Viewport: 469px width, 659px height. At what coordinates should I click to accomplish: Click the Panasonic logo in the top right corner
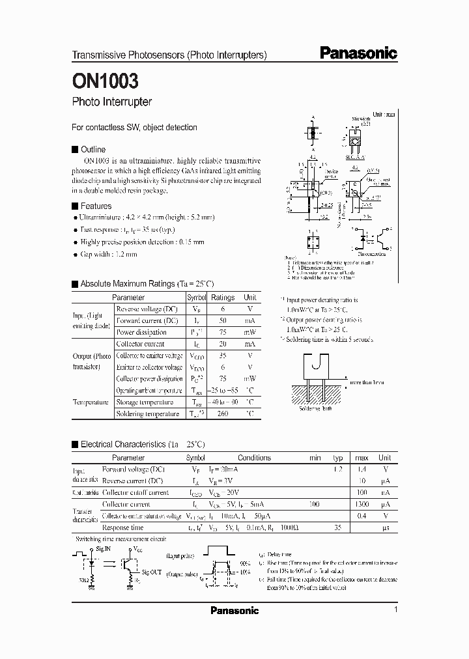(x=358, y=54)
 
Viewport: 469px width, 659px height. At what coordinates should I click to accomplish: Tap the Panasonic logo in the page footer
(x=234, y=610)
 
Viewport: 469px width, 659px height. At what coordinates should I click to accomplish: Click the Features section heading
(x=96, y=206)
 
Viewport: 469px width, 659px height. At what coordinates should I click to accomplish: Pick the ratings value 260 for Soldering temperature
(x=223, y=414)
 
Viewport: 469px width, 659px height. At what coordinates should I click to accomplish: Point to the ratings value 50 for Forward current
(x=223, y=320)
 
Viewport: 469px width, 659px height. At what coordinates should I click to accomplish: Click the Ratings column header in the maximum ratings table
(x=223, y=297)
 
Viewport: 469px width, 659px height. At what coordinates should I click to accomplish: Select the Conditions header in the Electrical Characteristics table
(x=254, y=458)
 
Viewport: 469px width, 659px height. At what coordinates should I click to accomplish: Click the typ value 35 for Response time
(x=338, y=527)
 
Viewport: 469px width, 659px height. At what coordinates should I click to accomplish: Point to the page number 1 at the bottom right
(x=395, y=610)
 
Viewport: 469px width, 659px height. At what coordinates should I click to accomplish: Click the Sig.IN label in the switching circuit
(x=104, y=549)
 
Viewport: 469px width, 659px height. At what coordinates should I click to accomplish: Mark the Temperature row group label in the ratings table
(x=91, y=402)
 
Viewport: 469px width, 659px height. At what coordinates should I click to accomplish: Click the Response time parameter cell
(x=123, y=527)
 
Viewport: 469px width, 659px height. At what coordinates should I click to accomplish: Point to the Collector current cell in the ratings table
(x=140, y=344)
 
